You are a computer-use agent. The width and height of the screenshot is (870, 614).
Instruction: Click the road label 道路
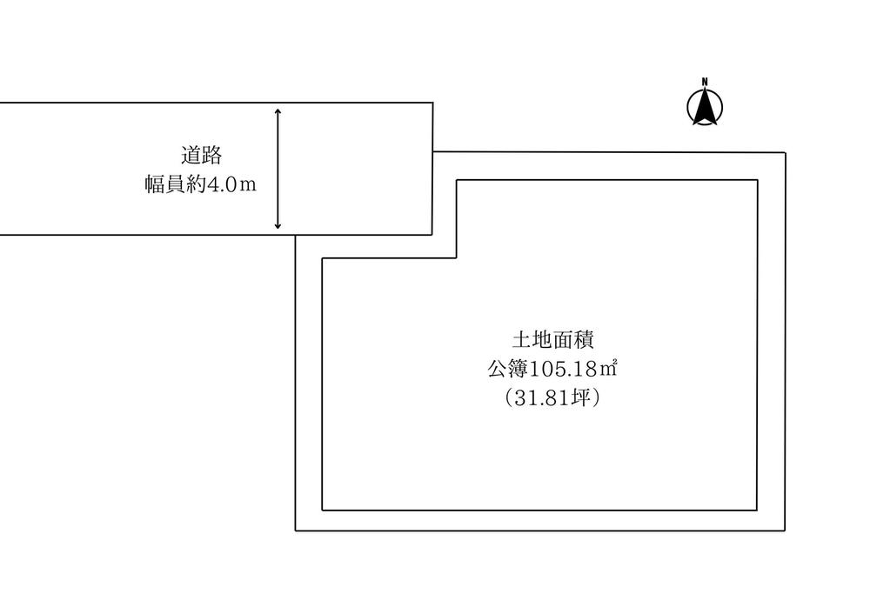pos(201,156)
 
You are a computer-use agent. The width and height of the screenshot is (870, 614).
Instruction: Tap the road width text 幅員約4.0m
pos(201,185)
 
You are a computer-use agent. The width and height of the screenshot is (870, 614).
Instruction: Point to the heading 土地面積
pos(552,339)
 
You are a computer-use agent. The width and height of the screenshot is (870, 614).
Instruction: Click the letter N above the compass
pos(705,83)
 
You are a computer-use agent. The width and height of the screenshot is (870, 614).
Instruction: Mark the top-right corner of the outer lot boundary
pos(786,153)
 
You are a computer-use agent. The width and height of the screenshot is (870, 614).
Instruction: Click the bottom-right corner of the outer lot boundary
pos(786,531)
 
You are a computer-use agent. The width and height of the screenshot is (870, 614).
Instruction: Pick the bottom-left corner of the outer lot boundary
pos(296,531)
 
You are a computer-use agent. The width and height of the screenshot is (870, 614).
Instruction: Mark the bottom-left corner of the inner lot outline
pos(323,510)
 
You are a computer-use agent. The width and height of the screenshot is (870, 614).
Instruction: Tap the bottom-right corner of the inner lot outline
pos(757,510)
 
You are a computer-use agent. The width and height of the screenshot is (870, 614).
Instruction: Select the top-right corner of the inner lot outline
pos(757,180)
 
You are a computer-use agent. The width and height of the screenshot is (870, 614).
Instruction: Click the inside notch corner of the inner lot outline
pos(457,258)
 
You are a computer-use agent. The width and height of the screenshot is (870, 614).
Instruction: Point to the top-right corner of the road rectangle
pos(432,103)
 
